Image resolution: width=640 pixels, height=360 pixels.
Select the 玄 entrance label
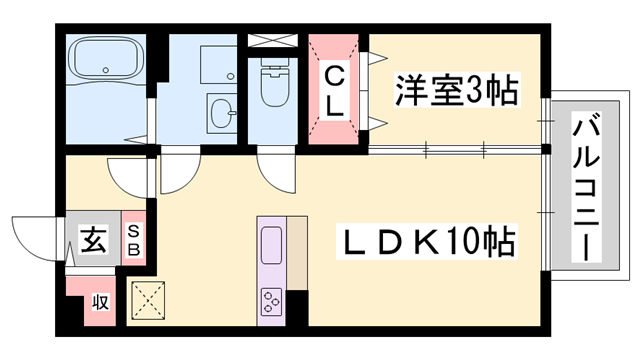93,241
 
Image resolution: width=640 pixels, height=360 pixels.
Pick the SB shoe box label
134,240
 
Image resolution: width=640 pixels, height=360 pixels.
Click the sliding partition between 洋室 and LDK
455,150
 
